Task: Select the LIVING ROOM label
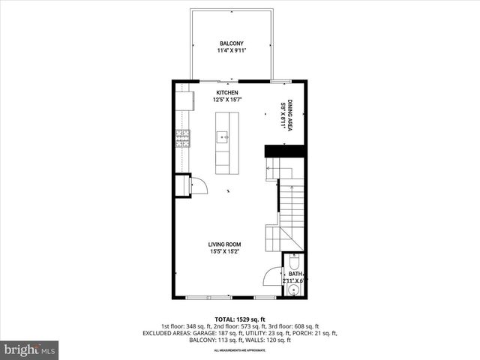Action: pyautogui.click(x=224, y=244)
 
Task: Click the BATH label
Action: pyautogui.click(x=295, y=274)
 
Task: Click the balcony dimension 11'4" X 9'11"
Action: pyautogui.click(x=232, y=51)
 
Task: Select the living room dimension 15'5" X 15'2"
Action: pyautogui.click(x=224, y=252)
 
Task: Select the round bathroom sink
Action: pyautogui.click(x=294, y=289)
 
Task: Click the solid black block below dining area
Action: pyautogui.click(x=284, y=151)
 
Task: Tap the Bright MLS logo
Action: pyautogui.click(x=30, y=349)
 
